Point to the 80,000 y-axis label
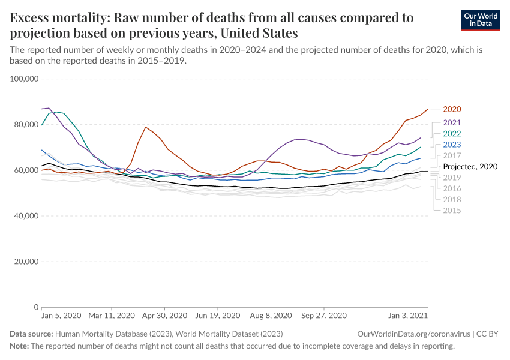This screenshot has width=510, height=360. [25, 124]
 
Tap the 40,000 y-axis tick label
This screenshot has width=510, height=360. [25, 216]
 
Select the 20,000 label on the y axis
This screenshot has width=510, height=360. [25, 262]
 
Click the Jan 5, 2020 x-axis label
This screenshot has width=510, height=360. [61, 315]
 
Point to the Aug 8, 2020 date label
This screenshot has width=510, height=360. [271, 315]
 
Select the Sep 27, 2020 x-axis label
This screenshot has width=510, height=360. [324, 315]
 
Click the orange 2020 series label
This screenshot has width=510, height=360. [452, 109]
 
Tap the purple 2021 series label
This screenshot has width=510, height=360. [452, 122]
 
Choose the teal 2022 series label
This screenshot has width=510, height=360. [452, 133]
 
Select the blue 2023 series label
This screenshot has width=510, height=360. [452, 145]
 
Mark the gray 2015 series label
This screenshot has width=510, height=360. [452, 211]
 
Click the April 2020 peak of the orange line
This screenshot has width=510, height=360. [145, 127]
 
